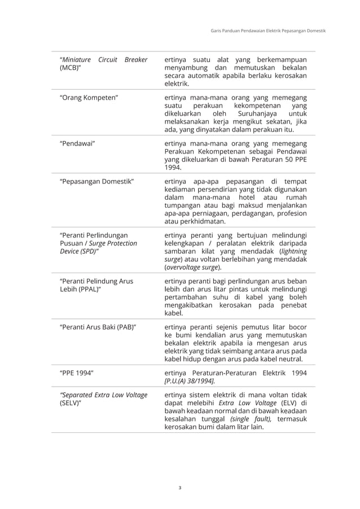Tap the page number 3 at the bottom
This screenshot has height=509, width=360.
179,486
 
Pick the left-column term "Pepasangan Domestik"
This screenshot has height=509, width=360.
96,181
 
